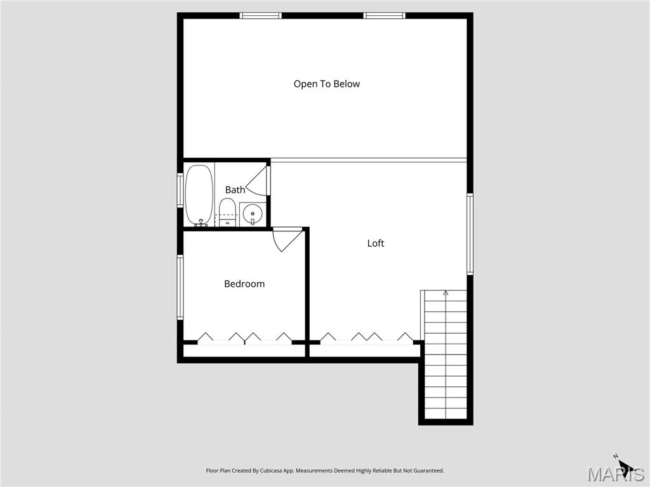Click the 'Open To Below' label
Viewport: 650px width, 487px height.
(326, 84)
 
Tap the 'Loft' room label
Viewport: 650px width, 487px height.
(376, 243)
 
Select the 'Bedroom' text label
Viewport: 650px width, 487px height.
(244, 283)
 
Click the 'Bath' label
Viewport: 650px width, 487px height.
(235, 190)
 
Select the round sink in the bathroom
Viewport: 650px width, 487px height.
(253, 214)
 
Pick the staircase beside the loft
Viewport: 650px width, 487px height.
(446, 355)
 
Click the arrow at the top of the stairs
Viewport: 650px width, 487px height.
(446, 293)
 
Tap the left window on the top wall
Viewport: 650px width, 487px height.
(261, 15)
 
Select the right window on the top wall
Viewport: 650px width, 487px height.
(384, 15)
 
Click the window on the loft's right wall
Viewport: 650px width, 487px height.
(470, 233)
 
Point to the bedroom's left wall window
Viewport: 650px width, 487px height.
(180, 287)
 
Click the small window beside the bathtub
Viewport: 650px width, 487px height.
(180, 190)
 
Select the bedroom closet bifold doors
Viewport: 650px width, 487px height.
(244, 337)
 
